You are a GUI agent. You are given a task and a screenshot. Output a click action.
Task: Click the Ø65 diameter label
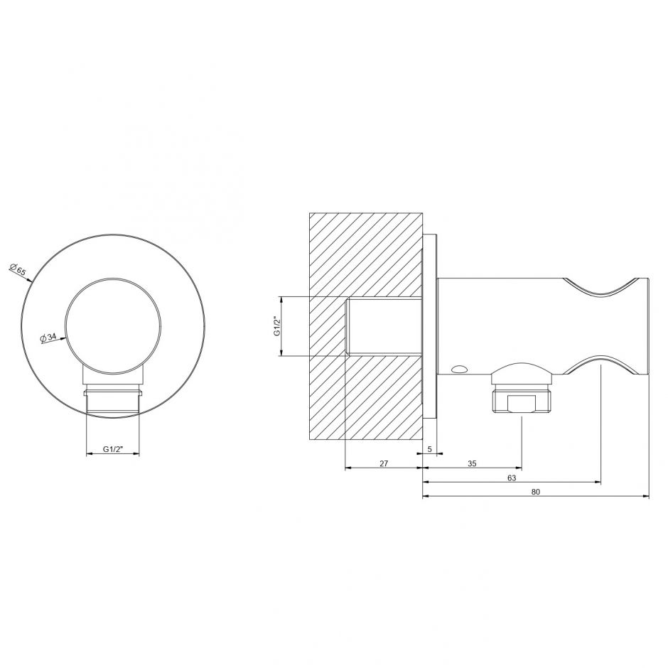click(x=18, y=269)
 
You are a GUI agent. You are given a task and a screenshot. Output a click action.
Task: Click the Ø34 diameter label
click(x=48, y=338)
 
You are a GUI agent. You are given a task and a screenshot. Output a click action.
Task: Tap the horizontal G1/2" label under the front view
click(x=113, y=449)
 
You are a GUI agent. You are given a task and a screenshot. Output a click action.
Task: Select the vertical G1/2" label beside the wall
click(x=277, y=326)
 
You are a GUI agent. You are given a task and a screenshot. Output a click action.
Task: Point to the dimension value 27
click(x=384, y=463)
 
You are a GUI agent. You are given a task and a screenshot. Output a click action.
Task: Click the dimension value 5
click(x=430, y=449)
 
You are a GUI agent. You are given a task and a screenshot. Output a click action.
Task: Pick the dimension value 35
click(x=472, y=463)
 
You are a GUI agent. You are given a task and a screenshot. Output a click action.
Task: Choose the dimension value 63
click(x=512, y=478)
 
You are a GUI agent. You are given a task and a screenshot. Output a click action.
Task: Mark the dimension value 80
click(x=536, y=492)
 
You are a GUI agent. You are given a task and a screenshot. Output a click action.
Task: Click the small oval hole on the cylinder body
click(x=460, y=368)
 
